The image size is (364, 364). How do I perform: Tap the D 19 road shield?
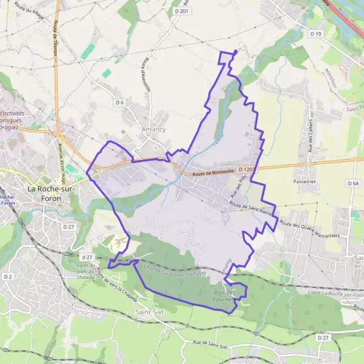(315, 34)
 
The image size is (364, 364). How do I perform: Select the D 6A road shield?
(354, 183)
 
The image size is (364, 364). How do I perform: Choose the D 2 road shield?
(8, 277)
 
